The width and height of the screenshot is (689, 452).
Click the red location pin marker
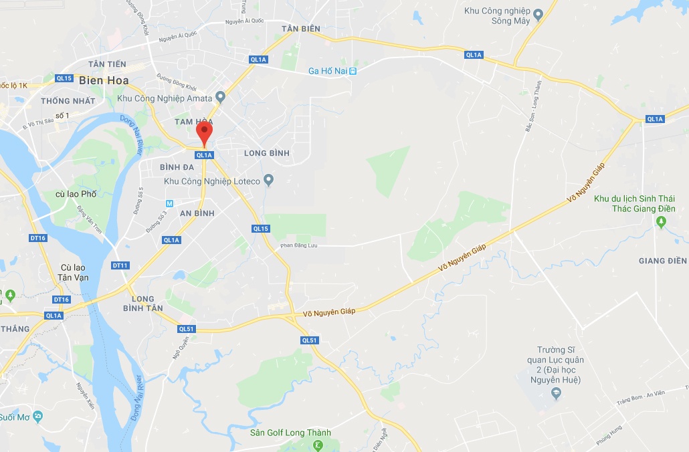tap(205, 133)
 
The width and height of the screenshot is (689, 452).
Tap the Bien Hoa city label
tap(104, 81)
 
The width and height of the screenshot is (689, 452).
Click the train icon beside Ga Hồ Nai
tap(353, 71)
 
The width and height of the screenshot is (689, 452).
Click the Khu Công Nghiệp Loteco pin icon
tap(268, 179)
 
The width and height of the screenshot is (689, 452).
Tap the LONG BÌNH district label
tap(267, 153)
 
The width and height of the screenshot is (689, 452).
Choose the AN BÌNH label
tap(197, 213)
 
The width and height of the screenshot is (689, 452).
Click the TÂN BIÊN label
tap(301, 29)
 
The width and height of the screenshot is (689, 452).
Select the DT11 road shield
tap(120, 265)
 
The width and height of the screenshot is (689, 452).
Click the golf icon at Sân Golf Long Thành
tap(318, 446)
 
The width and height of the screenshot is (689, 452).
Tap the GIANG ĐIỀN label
tap(663, 261)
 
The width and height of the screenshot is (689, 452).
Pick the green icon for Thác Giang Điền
tap(662, 223)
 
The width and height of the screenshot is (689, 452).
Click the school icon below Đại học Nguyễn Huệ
tap(556, 394)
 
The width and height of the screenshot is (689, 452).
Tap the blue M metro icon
tap(170, 203)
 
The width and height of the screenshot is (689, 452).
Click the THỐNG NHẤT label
tap(68, 101)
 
